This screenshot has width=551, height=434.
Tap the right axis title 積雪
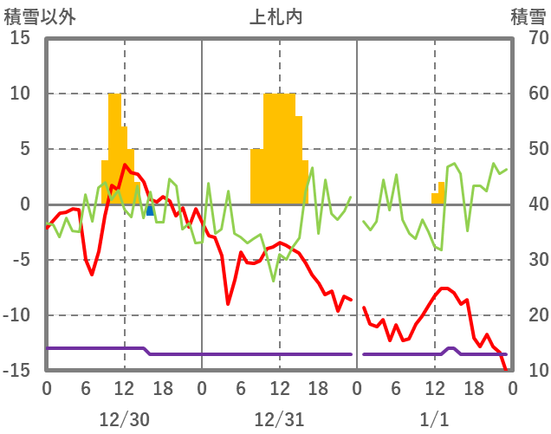coord(528,16)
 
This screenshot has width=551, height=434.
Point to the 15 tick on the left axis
coord(21,39)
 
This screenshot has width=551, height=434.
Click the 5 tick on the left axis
coord(26,150)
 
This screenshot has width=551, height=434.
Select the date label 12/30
coord(124,419)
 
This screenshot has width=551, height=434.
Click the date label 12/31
coord(279,419)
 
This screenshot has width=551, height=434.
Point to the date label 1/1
coord(435,419)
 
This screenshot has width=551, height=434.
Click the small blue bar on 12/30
coord(150,210)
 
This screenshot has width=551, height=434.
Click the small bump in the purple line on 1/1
coord(451,349)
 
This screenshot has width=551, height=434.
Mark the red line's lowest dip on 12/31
coord(228,303)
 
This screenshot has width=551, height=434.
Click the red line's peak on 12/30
coord(125,165)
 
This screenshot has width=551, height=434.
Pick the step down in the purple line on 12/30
coord(147,351)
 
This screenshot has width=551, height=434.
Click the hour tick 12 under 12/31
coord(279,387)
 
